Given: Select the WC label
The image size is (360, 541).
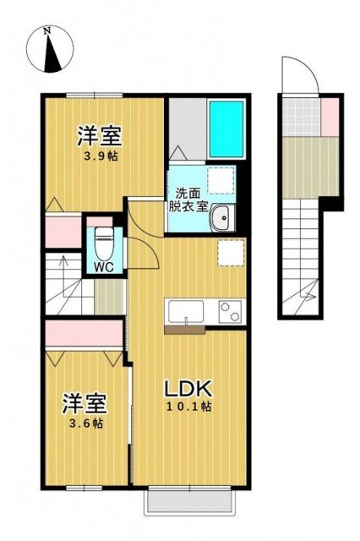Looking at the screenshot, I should (104, 267).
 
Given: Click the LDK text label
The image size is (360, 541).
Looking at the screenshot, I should (187, 390).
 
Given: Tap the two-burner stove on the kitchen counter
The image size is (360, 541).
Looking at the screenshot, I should (229, 311).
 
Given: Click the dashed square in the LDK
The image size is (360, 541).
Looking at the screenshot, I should (230, 253).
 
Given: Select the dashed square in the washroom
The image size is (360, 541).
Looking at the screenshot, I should (222, 179).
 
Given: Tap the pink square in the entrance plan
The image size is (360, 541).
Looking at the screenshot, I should (330, 111).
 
